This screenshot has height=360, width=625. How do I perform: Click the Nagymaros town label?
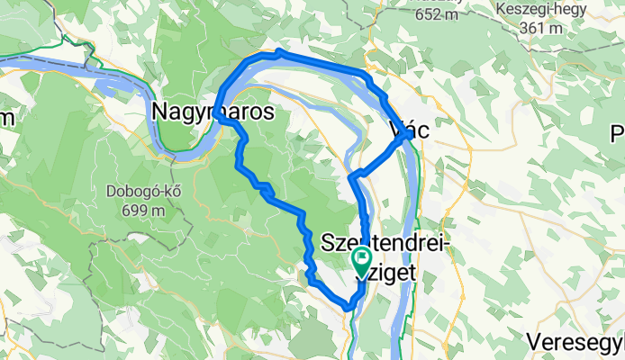(x=213, y=111)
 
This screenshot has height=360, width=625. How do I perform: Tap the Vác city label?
(x=406, y=130)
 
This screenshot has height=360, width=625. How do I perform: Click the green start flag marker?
(x=362, y=262)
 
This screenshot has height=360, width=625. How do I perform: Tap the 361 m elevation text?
(x=543, y=29)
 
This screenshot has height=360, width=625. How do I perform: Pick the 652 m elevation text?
(x=438, y=13)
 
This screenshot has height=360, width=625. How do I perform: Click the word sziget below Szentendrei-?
(x=383, y=267)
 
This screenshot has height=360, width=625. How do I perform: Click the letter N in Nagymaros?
(x=161, y=111)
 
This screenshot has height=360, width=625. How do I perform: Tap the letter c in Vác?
(x=421, y=130)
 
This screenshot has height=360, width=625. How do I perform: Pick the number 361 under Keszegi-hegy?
(x=536, y=29)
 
